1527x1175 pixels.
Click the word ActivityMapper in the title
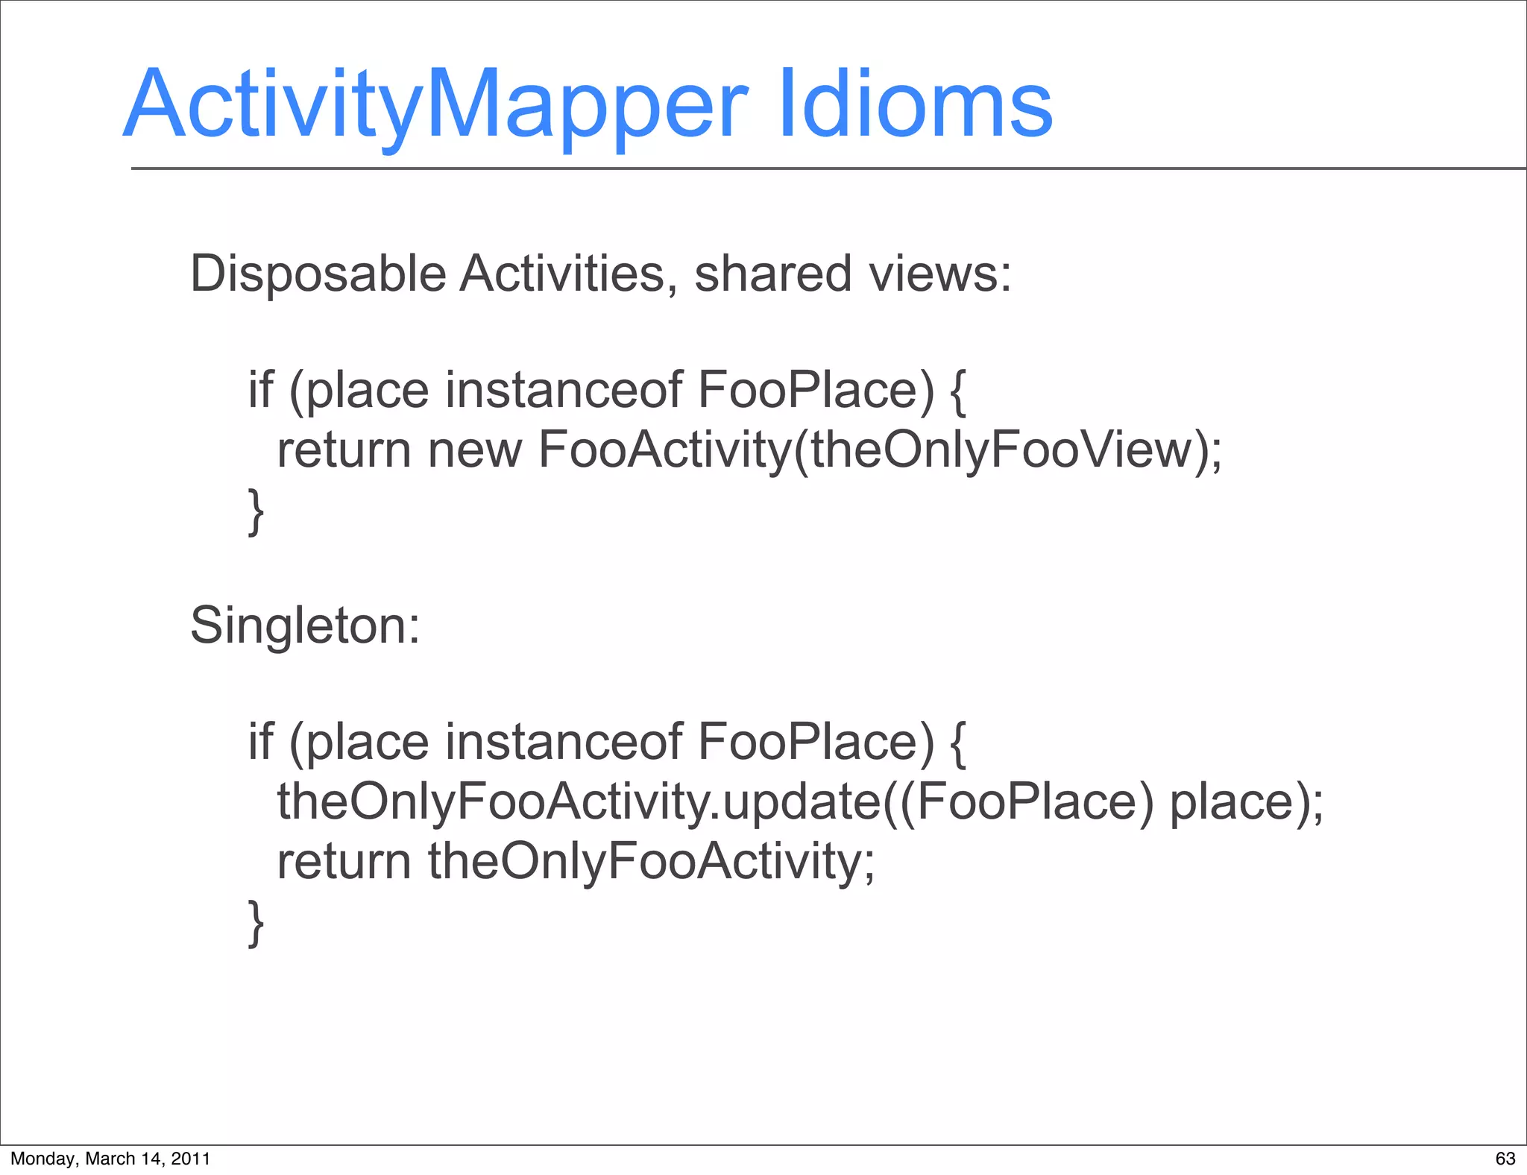[x=436, y=104]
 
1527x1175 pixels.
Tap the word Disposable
[x=318, y=274]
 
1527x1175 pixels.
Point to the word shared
[x=773, y=274]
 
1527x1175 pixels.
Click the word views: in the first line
[x=940, y=274]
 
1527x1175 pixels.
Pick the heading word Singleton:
[x=305, y=626]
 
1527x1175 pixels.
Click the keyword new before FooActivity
[x=475, y=450]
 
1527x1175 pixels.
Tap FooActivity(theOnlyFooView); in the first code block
[x=880, y=450]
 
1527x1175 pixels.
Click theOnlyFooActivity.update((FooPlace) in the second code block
[x=715, y=802]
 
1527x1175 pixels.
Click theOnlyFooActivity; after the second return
[x=651, y=862]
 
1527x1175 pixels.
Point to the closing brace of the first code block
[x=256, y=511]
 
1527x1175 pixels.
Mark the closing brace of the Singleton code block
[x=256, y=923]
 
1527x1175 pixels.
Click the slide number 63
[x=1505, y=1159]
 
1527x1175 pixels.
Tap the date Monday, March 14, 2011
[x=110, y=1159]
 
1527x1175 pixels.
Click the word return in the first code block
[x=344, y=450]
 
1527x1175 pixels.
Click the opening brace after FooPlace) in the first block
[x=959, y=392]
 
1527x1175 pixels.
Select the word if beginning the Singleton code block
[x=260, y=743]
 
